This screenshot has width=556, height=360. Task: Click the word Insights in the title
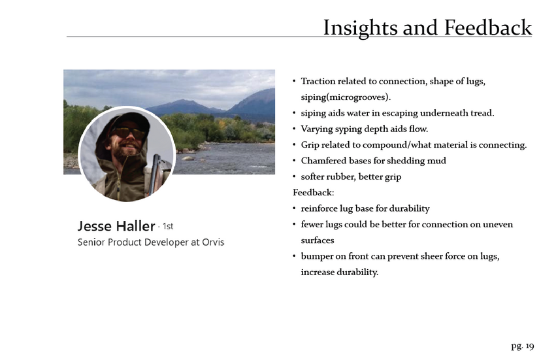pyautogui.click(x=360, y=28)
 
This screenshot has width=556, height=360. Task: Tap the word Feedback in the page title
pyautogui.click(x=488, y=27)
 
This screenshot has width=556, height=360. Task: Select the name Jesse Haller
pyautogui.click(x=116, y=226)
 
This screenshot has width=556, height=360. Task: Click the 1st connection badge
pyautogui.click(x=168, y=226)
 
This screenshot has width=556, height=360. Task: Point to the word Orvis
pyautogui.click(x=213, y=242)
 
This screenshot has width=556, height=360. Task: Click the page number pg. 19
pyautogui.click(x=522, y=346)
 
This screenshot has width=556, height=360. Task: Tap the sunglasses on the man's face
pyautogui.click(x=128, y=133)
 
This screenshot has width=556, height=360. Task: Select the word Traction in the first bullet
pyautogui.click(x=318, y=81)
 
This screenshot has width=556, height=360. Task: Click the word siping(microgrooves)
pyautogui.click(x=346, y=97)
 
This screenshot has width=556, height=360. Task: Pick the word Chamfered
pyautogui.click(x=323, y=161)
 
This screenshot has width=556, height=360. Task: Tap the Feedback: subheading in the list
pyautogui.click(x=314, y=193)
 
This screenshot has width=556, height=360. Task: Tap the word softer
pyautogui.click(x=312, y=176)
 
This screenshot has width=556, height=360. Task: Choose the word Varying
pyautogui.click(x=316, y=129)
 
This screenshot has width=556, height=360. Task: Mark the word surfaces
pyautogui.click(x=318, y=240)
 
